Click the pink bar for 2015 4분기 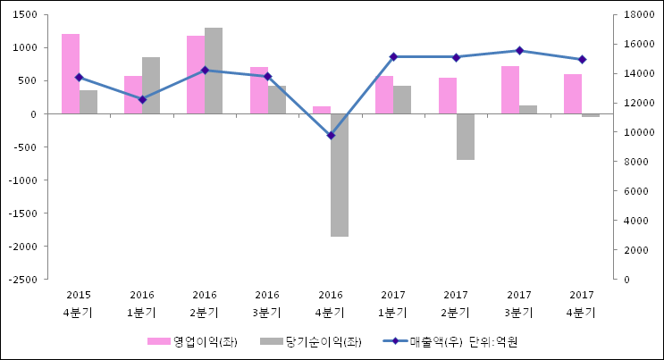[x=71, y=73]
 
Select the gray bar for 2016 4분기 [x=340, y=174]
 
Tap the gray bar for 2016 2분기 [x=214, y=71]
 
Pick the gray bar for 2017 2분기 [x=465, y=136]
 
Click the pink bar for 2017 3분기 [x=510, y=89]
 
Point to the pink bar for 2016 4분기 [x=322, y=110]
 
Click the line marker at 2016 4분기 [x=331, y=136]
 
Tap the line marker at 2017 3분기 [x=519, y=51]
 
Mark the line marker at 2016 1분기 [x=142, y=99]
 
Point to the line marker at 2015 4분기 [x=79, y=77]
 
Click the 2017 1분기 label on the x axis [x=393, y=303]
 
